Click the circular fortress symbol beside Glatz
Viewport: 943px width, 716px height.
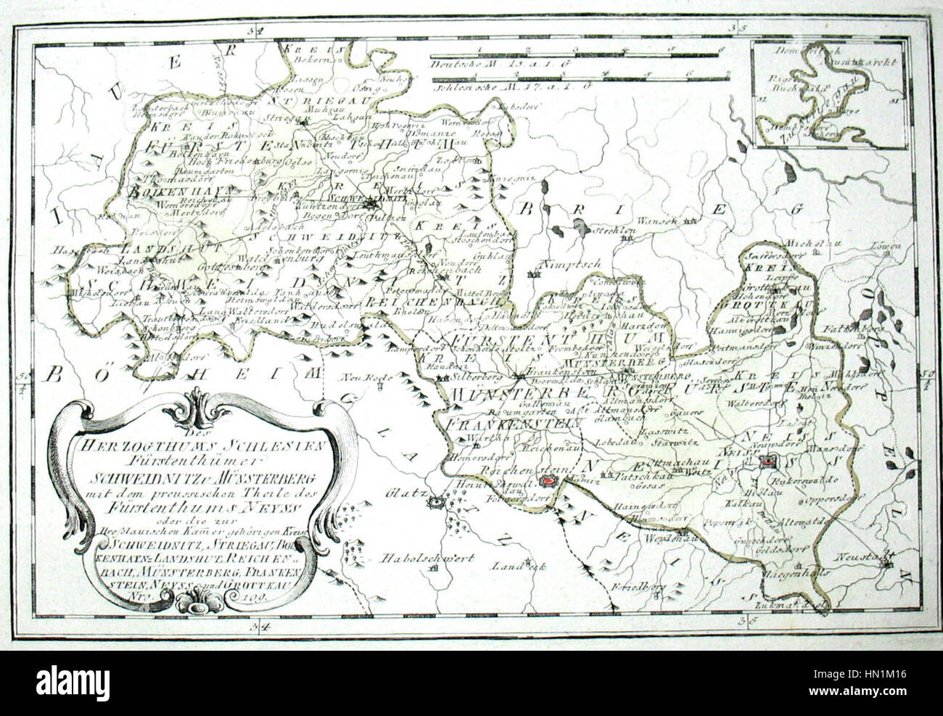click(x=436, y=500)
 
